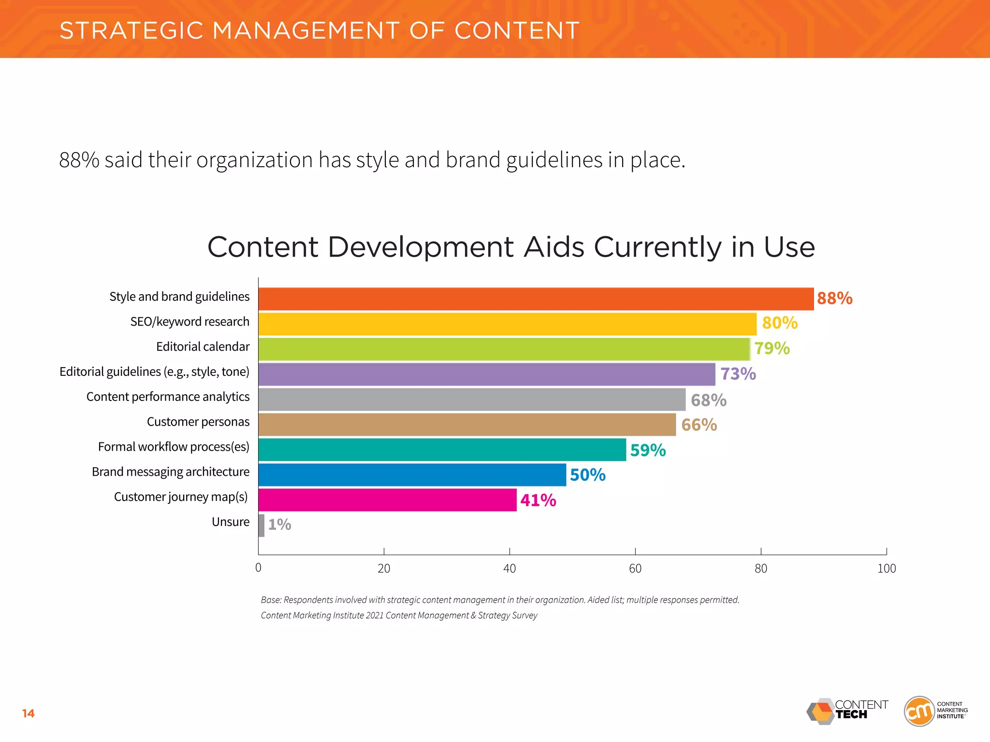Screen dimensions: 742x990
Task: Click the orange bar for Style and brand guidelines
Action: [x=536, y=299]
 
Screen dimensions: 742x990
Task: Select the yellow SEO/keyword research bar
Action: [x=507, y=324]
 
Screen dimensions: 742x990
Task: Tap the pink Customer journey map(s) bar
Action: [x=387, y=500]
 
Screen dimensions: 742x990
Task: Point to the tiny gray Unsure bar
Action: [x=262, y=525]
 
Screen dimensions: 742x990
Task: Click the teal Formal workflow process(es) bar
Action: [x=442, y=450]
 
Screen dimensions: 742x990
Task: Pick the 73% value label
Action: [x=738, y=374]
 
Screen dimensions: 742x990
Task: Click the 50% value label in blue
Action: [x=587, y=475]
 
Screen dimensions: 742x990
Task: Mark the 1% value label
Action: [x=279, y=525]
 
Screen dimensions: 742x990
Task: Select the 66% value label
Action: [x=699, y=425]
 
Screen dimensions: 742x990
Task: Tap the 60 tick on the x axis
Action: [x=635, y=569]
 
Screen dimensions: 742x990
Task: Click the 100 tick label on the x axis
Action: [x=886, y=569]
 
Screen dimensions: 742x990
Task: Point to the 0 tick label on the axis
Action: [x=258, y=568]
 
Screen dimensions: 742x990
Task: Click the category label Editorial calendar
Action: [x=203, y=347]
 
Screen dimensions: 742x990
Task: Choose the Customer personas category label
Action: [x=198, y=422]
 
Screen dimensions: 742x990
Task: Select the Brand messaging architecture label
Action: [x=171, y=472]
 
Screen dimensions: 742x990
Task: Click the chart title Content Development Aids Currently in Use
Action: [x=511, y=247]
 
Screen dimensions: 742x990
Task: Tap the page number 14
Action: [x=28, y=713]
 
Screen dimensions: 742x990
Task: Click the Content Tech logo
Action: [x=847, y=711]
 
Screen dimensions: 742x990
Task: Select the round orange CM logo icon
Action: [x=919, y=711]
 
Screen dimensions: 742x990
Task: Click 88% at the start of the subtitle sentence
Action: [x=79, y=160]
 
